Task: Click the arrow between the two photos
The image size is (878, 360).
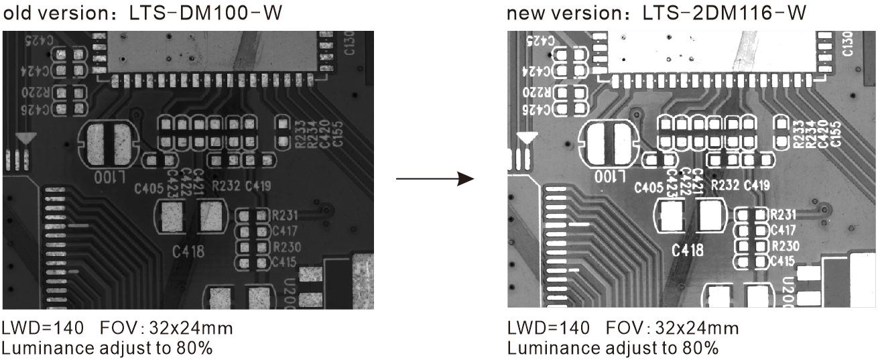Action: pyautogui.click(x=436, y=179)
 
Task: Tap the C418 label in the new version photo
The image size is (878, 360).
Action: pyautogui.click(x=688, y=250)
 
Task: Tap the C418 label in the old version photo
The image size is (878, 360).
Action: pyautogui.click(x=188, y=252)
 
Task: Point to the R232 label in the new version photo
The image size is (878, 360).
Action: pyautogui.click(x=725, y=185)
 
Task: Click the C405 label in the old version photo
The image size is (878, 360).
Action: pyautogui.click(x=149, y=186)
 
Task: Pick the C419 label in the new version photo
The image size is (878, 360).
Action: pyautogui.click(x=757, y=185)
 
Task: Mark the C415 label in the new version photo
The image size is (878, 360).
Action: pyautogui.click(x=783, y=260)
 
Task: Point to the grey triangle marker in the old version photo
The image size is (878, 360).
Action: pyautogui.click(x=25, y=139)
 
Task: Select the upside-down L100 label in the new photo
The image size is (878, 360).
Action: pyautogui.click(x=609, y=178)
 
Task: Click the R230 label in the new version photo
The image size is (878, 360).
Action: pyautogui.click(x=783, y=245)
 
